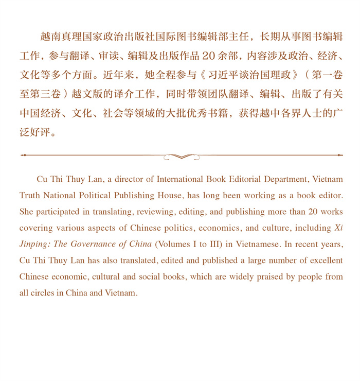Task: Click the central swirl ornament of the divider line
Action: (181, 156)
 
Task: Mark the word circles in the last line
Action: (43, 293)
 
